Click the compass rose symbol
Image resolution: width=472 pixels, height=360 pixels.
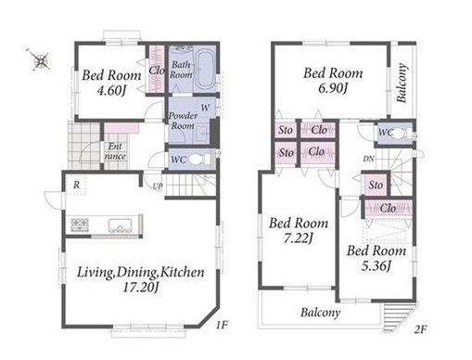41,60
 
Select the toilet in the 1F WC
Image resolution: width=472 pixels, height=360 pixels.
198,160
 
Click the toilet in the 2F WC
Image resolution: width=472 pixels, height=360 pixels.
401,134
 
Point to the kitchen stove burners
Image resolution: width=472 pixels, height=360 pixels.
80,225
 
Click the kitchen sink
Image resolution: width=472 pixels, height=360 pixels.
121,225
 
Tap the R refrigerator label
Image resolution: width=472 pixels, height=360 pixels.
76,185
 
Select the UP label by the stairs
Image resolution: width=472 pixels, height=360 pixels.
158,186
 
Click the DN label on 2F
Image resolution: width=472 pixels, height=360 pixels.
368,159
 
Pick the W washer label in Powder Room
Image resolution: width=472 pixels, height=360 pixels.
205,108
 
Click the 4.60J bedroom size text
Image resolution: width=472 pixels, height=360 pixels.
111,91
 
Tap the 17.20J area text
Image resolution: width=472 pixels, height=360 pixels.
141,288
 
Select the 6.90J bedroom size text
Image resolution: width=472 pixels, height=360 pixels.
333,89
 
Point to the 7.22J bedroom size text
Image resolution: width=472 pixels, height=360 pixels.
299,238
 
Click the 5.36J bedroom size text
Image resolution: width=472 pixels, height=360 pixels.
376,266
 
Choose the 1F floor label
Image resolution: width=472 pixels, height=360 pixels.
222,325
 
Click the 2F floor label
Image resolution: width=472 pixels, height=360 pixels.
420,329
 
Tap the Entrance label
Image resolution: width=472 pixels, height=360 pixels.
115,151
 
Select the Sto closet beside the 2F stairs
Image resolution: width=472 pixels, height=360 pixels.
376,186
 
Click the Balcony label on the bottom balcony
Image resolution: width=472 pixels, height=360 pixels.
321,313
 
